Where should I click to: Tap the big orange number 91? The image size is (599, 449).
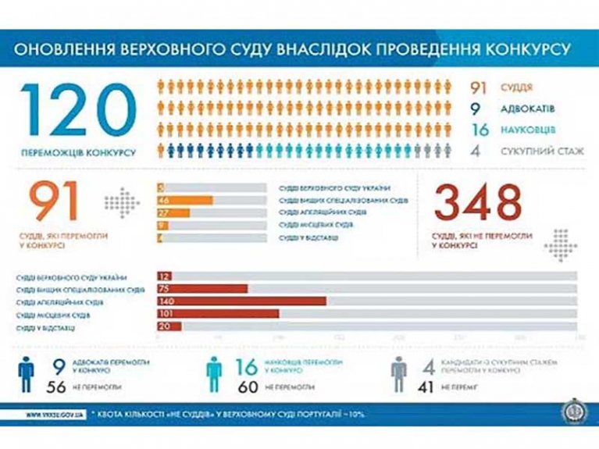click(x=54, y=202)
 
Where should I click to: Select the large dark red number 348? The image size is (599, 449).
click(x=477, y=203)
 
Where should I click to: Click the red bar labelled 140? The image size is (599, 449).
click(x=241, y=301)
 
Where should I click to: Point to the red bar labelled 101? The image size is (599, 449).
click(x=218, y=314)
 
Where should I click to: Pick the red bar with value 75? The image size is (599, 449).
click(x=202, y=289)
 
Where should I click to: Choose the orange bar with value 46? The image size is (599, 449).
click(x=185, y=201)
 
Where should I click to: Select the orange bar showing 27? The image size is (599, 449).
click(x=173, y=213)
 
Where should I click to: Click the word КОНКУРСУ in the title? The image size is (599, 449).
click(x=525, y=49)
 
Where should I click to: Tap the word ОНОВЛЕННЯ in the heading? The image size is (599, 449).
click(x=65, y=49)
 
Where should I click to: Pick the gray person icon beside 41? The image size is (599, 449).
click(x=400, y=373)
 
